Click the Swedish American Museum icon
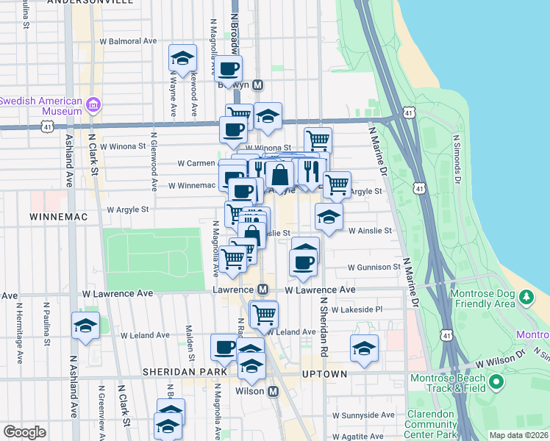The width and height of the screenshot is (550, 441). click(93, 106)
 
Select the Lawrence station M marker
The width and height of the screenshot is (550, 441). click(262, 290)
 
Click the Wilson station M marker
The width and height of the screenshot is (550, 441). click(273, 392)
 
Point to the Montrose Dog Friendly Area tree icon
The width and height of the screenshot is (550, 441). click(526, 298)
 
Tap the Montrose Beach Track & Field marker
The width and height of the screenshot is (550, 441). click(496, 382)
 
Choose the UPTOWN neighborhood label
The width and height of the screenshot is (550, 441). click(324, 374)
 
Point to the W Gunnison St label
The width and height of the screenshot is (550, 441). click(374, 267)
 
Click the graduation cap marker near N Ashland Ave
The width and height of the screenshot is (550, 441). click(85, 326)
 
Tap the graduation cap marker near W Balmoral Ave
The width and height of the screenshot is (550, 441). click(182, 59)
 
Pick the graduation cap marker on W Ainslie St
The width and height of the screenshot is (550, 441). click(329, 216)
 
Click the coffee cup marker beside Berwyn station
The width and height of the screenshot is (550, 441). click(228, 69)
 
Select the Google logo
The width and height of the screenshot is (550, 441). click(25, 432)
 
